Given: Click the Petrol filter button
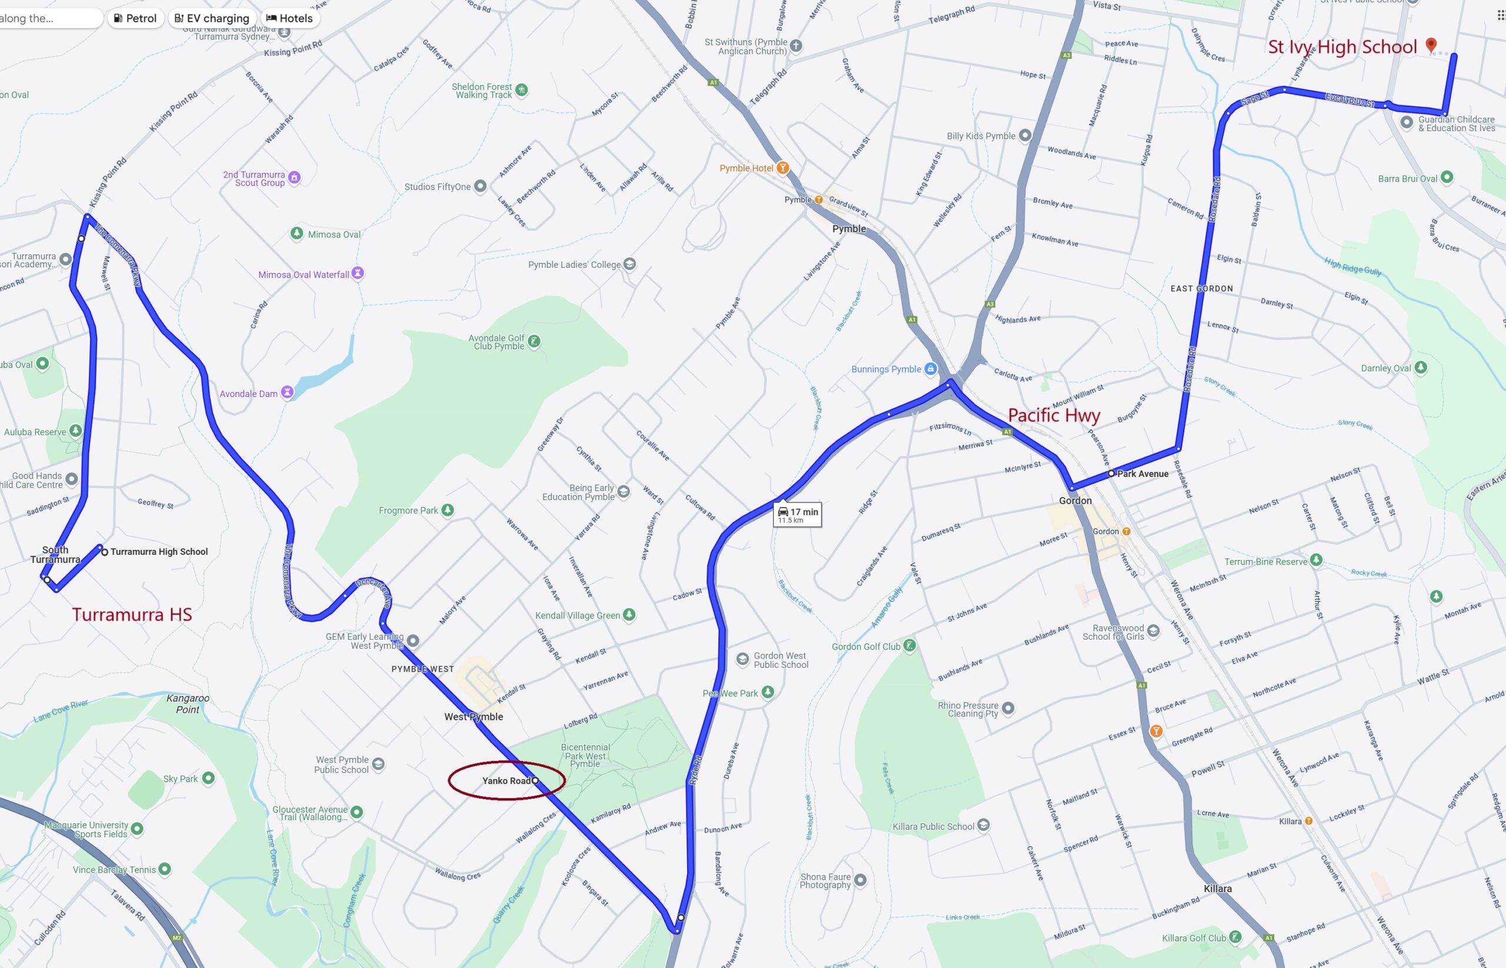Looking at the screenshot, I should tap(135, 18).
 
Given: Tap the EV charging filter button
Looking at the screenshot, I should tap(212, 18).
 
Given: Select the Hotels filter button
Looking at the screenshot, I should tap(289, 18).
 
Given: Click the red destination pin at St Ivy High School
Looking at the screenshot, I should tap(1431, 45).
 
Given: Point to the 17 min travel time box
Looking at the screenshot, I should tap(797, 514).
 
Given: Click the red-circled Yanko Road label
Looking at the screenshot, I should tap(506, 780).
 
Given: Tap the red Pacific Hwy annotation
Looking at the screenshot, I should tap(1054, 415).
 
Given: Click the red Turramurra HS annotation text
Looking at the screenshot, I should tap(131, 614).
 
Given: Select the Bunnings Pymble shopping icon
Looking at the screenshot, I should tap(931, 369).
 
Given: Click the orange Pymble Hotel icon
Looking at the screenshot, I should tap(783, 168).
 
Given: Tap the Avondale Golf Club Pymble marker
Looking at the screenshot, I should tap(534, 341).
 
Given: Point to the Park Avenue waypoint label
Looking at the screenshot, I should tap(1142, 474).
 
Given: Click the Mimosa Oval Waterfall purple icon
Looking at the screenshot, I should tap(358, 273).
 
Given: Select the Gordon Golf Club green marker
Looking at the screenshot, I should tap(909, 646).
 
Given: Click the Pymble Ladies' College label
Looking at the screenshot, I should tap(574, 265).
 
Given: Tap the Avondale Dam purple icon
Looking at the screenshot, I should tap(287, 393).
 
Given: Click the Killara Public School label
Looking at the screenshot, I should tap(933, 827).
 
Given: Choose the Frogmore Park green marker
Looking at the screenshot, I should tap(447, 510).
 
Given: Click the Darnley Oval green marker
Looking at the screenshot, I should tap(1421, 368).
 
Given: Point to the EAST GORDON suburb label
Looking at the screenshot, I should tap(1201, 289).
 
